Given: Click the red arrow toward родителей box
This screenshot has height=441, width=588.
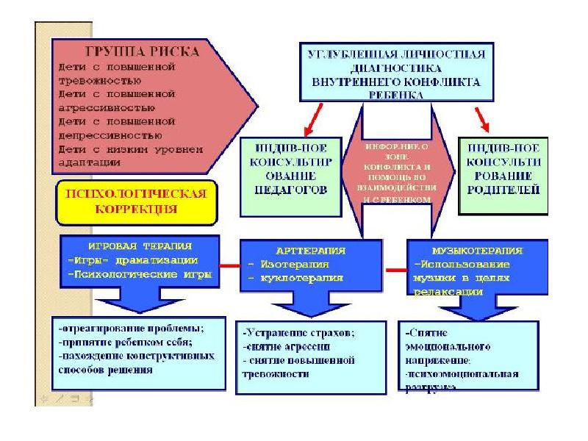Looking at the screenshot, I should (x=482, y=115).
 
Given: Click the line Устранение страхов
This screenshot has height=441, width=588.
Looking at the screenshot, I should (x=298, y=332).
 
